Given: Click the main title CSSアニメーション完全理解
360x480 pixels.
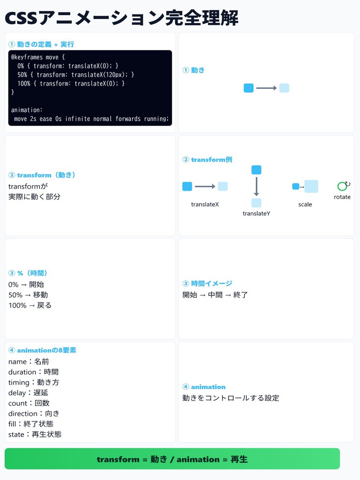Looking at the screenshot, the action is pyautogui.click(x=121, y=18).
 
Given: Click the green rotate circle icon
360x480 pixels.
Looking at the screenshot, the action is pyautogui.click(x=342, y=186).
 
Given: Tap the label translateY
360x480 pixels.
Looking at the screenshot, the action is pyautogui.click(x=256, y=214).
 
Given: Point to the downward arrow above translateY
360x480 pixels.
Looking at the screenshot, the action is pyautogui.click(x=256, y=186).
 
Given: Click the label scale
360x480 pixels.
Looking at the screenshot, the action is pyautogui.click(x=305, y=204).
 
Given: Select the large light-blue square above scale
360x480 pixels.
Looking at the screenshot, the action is pyautogui.click(x=311, y=186).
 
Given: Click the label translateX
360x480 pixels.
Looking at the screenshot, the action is pyautogui.click(x=205, y=204).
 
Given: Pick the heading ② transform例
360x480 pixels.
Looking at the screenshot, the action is pyautogui.click(x=207, y=160).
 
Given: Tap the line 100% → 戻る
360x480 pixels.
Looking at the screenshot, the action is pyautogui.click(x=30, y=305).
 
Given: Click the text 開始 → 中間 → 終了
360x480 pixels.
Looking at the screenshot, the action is pyautogui.click(x=215, y=295).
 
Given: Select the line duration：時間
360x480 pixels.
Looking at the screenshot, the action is pyautogui.click(x=34, y=372).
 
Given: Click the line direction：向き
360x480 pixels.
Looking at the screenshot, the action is pyautogui.click(x=34, y=414).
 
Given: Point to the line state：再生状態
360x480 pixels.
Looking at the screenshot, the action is pyautogui.click(x=35, y=434).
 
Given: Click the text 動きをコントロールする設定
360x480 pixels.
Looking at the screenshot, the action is pyautogui.click(x=231, y=398).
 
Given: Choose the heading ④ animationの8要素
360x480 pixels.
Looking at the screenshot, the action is pyautogui.click(x=42, y=350).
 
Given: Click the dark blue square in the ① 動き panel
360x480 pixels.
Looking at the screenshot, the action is pyautogui.click(x=248, y=88).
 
